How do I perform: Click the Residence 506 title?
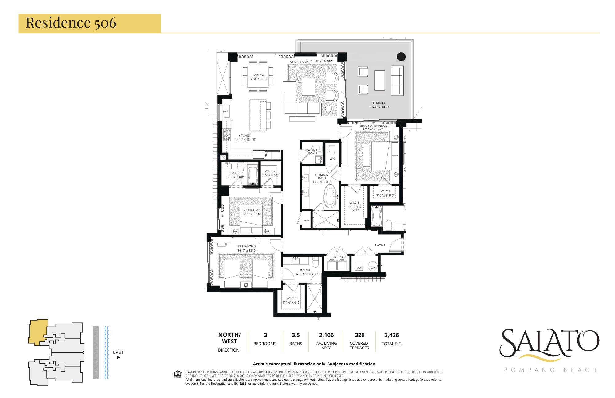point(71,23)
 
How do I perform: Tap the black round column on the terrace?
point(401,57)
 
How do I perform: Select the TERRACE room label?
point(379,103)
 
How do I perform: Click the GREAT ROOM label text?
point(300,62)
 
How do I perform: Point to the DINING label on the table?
point(258,75)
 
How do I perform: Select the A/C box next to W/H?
point(359,268)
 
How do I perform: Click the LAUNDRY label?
point(339,257)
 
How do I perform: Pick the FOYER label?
point(380,245)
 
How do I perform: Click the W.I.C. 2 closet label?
point(291,298)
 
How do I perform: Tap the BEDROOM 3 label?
point(251,210)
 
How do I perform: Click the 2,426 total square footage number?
point(391,335)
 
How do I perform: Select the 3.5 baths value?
point(296,335)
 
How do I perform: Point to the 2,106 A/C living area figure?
point(326,335)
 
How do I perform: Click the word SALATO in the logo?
point(549,342)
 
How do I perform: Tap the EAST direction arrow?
point(118,357)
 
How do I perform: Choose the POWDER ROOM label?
point(312,151)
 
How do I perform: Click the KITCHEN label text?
point(245,136)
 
